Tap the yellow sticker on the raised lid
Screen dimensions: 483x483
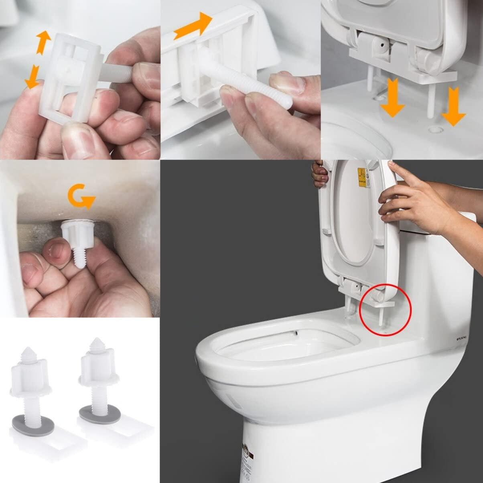[x=363, y=177]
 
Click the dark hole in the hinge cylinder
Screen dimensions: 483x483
[x=381, y=45]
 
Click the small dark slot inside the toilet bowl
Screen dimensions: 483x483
[x=296, y=333]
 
